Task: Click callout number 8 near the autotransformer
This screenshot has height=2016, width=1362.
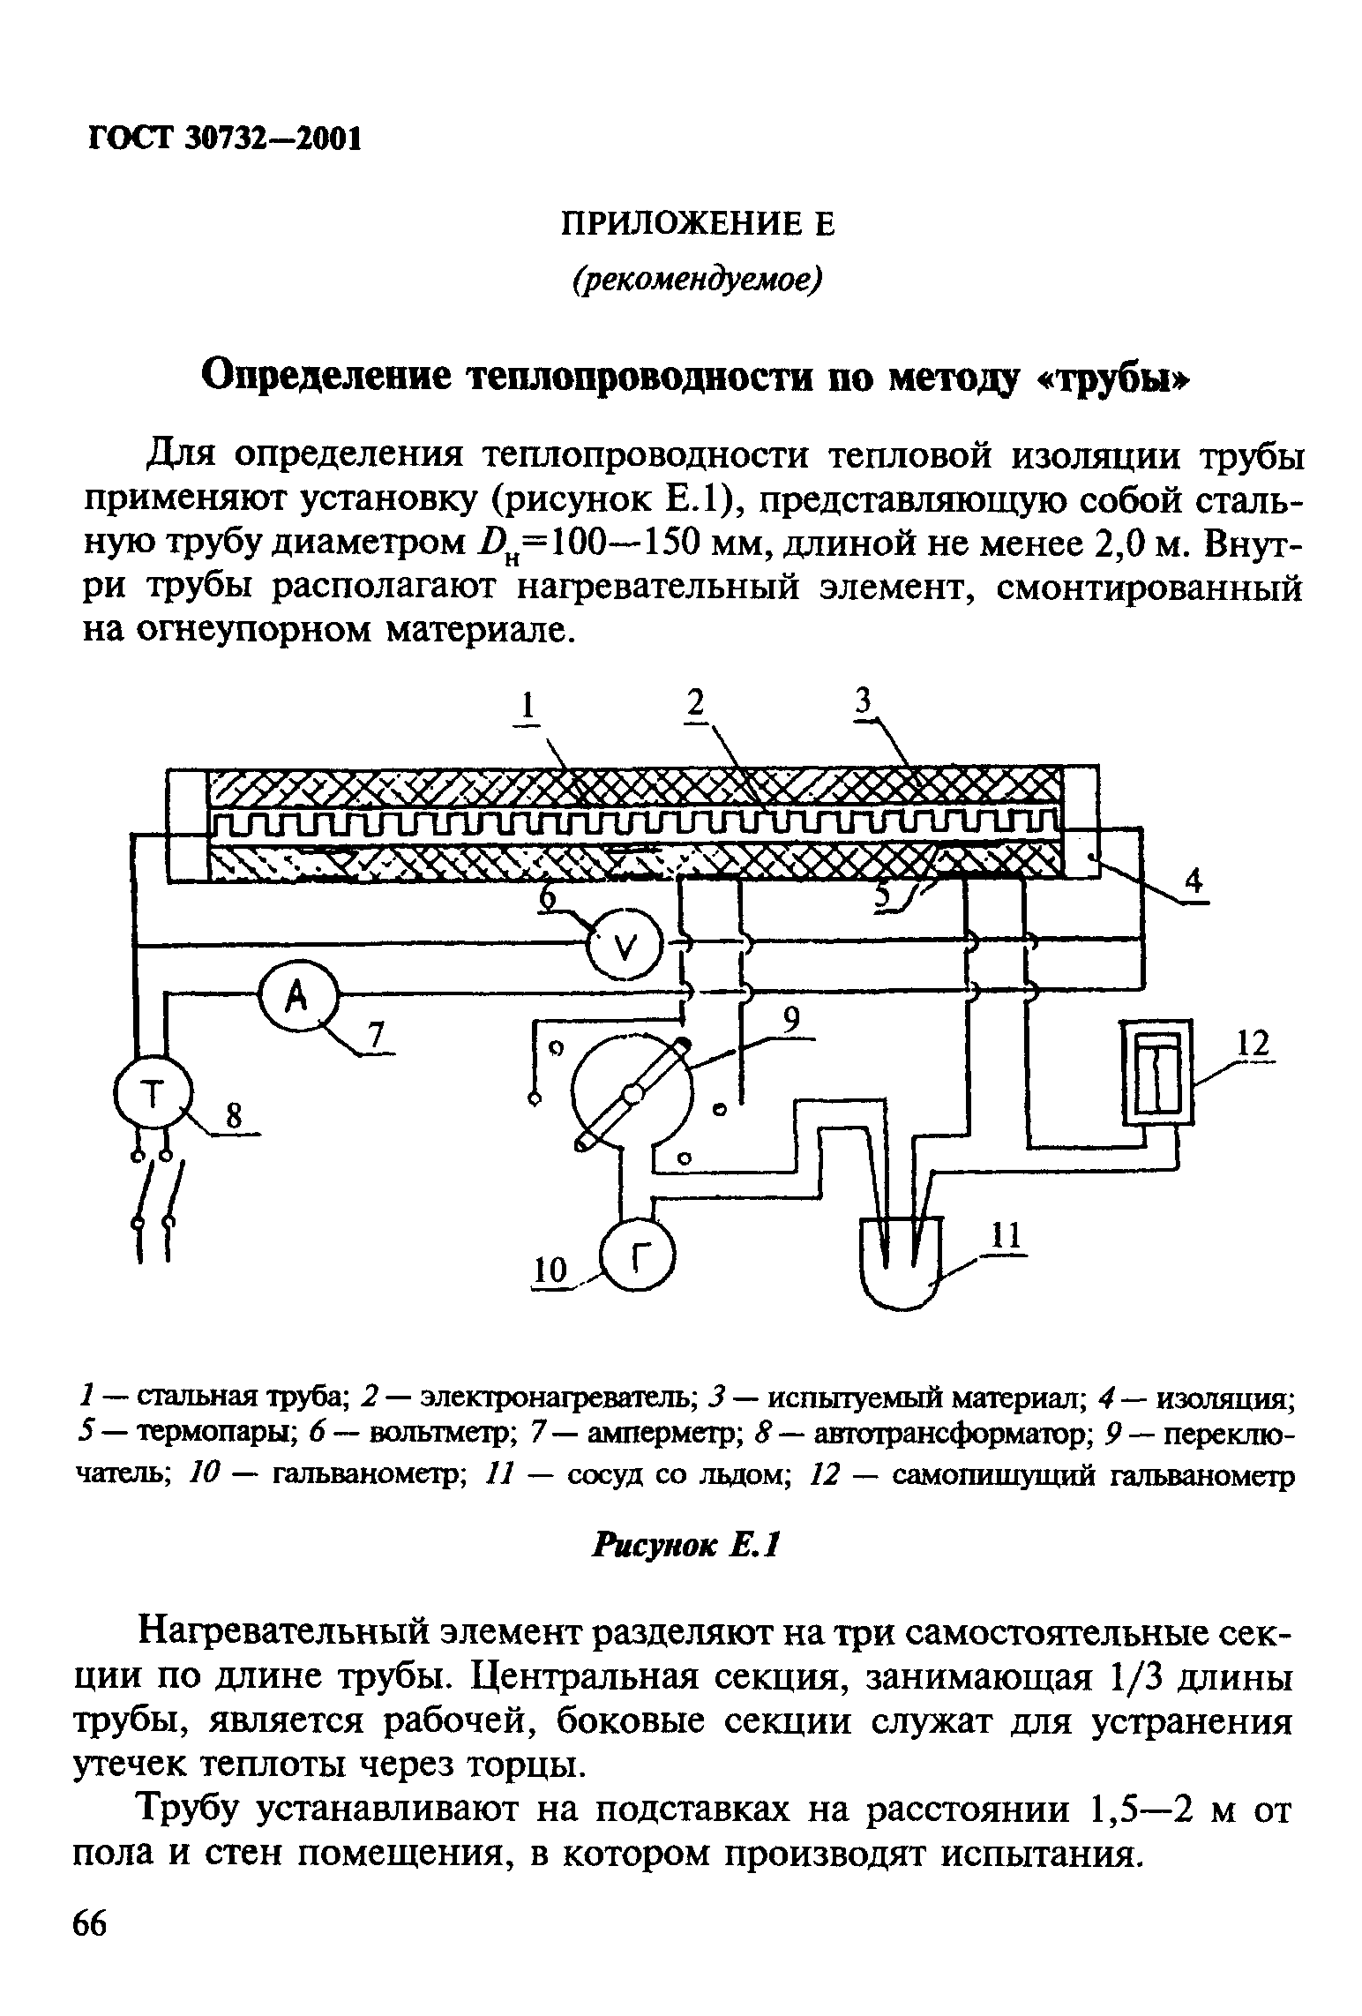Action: (233, 1117)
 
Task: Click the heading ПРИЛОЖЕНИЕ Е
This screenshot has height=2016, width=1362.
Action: (697, 226)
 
